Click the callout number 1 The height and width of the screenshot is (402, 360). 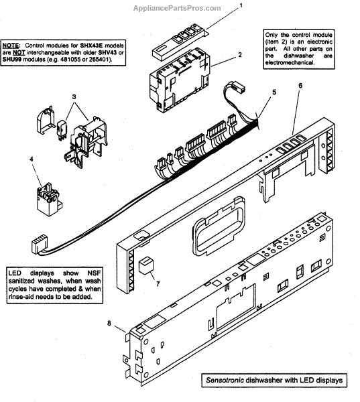coord(241,5)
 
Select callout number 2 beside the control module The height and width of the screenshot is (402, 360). coord(240,55)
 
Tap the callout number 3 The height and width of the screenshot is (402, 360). coord(74,97)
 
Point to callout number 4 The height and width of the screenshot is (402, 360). coord(32,159)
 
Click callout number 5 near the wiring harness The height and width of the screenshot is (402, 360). coord(274,92)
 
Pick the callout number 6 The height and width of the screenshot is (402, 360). coord(300,85)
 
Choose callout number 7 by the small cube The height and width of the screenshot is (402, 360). coord(158,283)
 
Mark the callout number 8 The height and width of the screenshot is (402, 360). coord(109,324)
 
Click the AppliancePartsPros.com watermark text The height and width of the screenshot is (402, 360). coord(177,8)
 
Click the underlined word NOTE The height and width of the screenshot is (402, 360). coord(11,46)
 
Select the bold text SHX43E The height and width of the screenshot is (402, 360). coord(91,46)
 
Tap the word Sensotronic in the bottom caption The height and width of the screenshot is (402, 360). coord(225,380)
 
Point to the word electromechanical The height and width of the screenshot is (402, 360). coord(290,63)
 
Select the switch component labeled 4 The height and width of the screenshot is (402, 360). coord(49,199)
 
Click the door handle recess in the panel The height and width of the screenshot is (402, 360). coord(219,226)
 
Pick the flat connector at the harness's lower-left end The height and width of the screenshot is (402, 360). coord(40,244)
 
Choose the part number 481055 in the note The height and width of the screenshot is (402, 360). coord(70,60)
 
